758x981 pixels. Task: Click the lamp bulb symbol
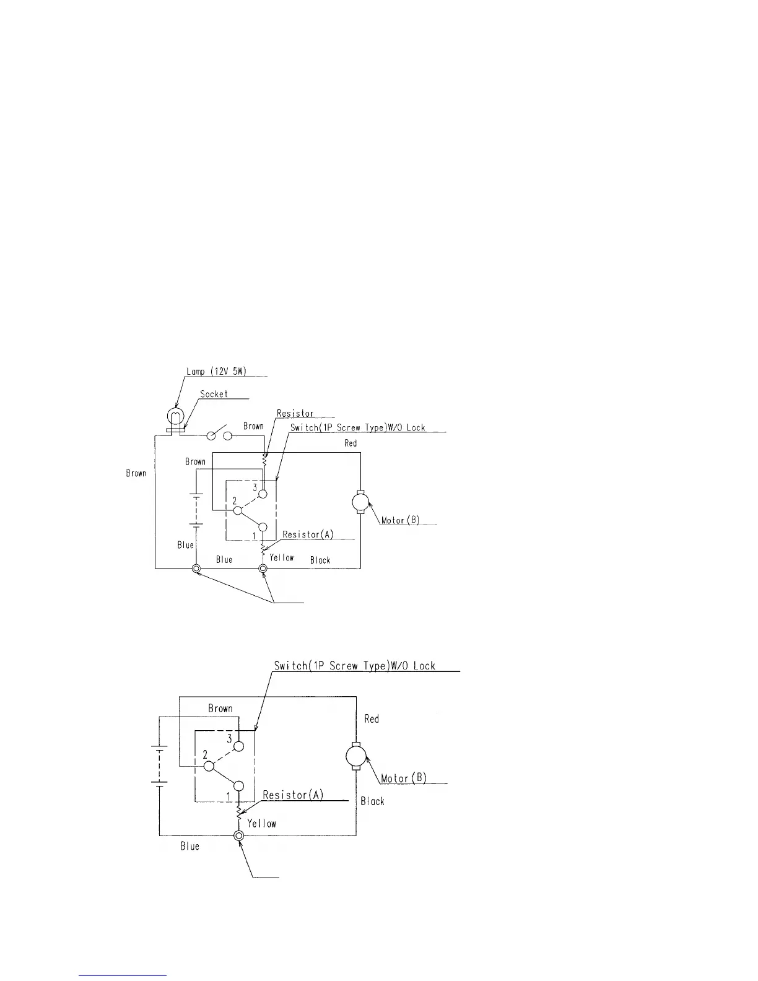pos(176,415)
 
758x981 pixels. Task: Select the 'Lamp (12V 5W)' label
pos(216,372)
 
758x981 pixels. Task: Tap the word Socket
pos(214,394)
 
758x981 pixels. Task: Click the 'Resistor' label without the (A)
pos(295,414)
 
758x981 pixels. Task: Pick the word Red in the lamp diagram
pos(351,443)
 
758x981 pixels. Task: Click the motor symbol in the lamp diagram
pos(360,502)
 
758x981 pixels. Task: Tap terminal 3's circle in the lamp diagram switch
pos(263,494)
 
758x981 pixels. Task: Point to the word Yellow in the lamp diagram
pos(282,557)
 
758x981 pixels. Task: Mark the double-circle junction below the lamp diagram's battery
pos(196,569)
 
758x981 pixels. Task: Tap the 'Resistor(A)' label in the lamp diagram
pos(308,534)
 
